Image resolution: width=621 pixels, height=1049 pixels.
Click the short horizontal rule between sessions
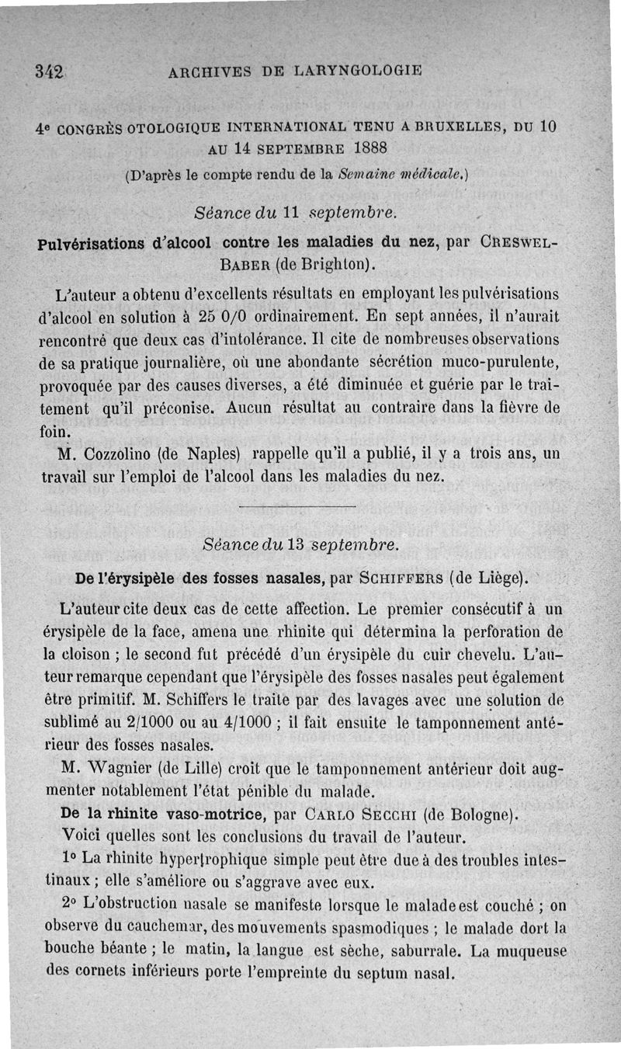298,507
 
